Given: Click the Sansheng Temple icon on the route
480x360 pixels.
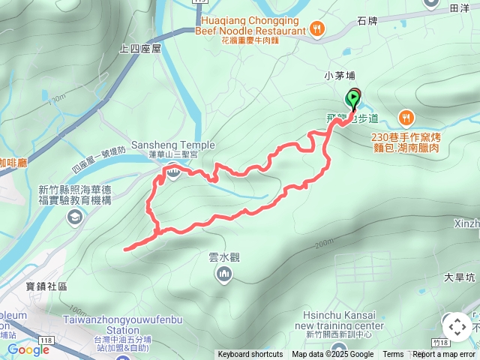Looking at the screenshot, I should (173, 173).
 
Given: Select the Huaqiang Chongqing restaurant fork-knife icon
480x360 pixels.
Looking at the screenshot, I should (318, 28).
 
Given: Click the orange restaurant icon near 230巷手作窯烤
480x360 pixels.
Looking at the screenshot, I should (406, 117).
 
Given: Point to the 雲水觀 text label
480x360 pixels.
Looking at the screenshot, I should (223, 257).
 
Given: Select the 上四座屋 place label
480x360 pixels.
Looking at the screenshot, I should (140, 48).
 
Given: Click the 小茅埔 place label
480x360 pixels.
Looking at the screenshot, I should (338, 74).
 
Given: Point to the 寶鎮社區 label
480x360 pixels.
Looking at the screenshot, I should (46, 286).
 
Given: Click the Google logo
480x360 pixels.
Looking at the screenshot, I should (28, 349).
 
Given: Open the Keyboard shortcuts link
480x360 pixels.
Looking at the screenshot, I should (250, 355).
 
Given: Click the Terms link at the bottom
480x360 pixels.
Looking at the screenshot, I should (393, 355).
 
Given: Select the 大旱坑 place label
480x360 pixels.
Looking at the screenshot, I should (459, 277).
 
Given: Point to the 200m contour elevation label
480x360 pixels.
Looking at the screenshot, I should (324, 244).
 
